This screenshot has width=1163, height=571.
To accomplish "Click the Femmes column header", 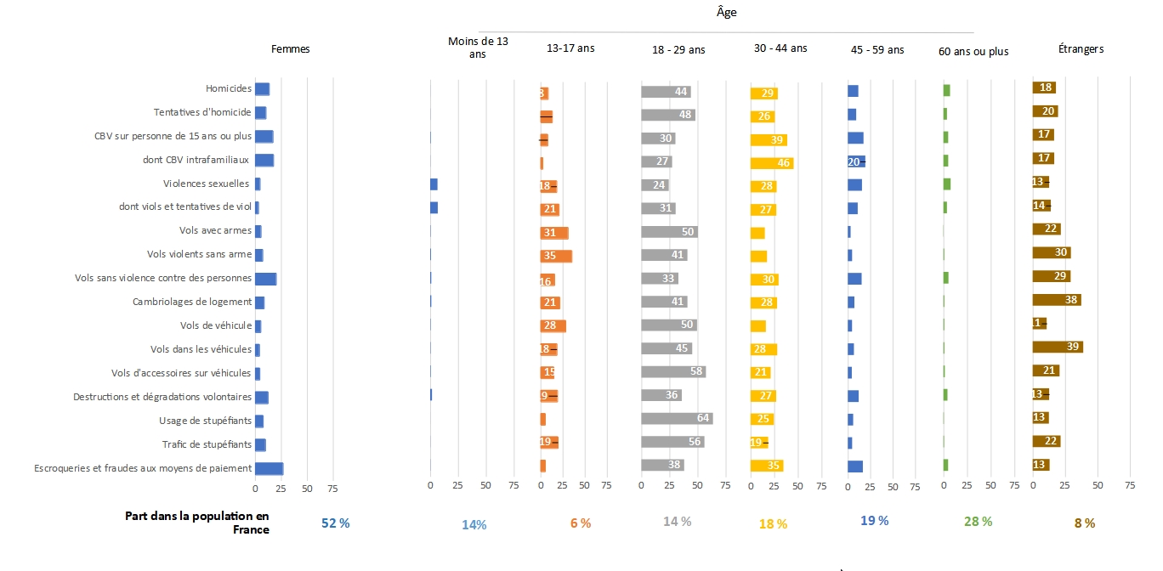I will tap(290, 49).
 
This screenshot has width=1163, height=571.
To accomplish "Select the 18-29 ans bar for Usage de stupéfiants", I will tap(677, 418).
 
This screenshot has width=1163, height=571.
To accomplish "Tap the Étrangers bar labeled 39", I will tap(1058, 347).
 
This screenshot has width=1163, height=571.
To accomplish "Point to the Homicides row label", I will tap(229, 88).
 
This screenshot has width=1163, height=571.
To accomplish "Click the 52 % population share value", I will tap(335, 523).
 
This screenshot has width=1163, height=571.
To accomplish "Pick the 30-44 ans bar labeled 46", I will tap(772, 163).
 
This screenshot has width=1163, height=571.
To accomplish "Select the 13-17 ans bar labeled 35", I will tap(556, 256).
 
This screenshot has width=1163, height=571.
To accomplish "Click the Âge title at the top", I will tap(726, 13).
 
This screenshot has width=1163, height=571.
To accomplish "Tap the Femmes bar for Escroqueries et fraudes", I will tap(269, 468).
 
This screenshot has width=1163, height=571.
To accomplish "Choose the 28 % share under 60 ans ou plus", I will tap(979, 522).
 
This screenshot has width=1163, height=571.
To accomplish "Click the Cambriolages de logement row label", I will tap(192, 302).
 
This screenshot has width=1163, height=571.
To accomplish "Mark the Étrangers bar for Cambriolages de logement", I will tap(1057, 300).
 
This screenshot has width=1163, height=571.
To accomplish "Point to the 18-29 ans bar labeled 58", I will tap(673, 371).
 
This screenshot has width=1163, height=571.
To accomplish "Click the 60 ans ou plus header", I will tap(973, 52).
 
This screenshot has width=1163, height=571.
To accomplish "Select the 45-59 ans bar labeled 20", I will tap(856, 161).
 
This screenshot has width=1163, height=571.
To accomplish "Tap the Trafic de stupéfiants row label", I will tap(207, 444).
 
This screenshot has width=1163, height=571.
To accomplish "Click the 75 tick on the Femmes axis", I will tap(332, 489).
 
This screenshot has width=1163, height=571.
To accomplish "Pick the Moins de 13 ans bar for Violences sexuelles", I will tap(434, 184).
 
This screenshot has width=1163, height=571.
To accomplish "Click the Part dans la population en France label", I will tap(196, 523).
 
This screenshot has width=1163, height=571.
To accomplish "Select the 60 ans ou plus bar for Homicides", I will tap(946, 90).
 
